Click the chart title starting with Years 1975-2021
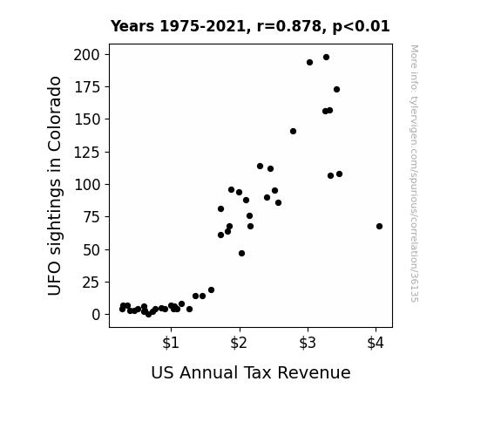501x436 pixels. click(x=250, y=26)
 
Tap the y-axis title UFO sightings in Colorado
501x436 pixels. click(x=54, y=186)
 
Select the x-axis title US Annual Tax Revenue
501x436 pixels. click(x=251, y=372)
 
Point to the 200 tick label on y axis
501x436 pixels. click(x=86, y=55)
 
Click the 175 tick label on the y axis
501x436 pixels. click(x=87, y=87)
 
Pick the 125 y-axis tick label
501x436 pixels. click(x=87, y=152)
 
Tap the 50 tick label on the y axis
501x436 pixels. click(x=91, y=249)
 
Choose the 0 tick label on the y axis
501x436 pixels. click(x=96, y=315)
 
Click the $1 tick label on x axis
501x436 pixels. click(x=171, y=343)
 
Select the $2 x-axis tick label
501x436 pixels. click(x=239, y=343)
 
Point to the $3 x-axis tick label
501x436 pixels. click(x=308, y=343)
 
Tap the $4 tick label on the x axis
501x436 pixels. click(x=376, y=343)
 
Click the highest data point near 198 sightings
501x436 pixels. click(x=326, y=58)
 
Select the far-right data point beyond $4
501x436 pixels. click(x=379, y=226)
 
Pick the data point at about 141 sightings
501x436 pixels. click(x=293, y=131)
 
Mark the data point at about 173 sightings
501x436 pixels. click(x=336, y=89)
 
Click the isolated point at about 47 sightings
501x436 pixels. click(x=241, y=254)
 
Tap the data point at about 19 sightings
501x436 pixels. click(x=211, y=290)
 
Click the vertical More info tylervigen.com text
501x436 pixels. click(x=415, y=174)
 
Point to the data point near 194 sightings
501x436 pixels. click(x=309, y=63)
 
